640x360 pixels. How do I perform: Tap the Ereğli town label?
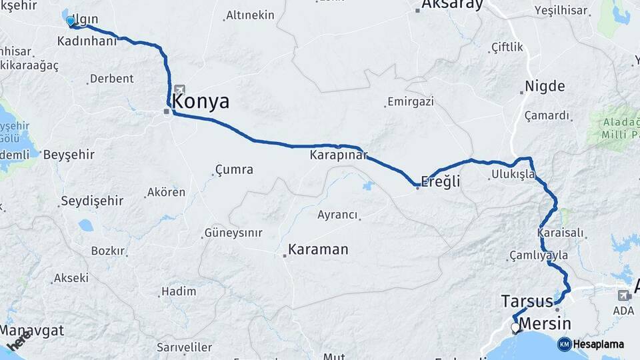[x=441, y=181]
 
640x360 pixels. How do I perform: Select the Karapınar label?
[x=339, y=155]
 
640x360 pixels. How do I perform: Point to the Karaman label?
[x=318, y=250]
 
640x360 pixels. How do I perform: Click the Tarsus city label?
[x=527, y=301]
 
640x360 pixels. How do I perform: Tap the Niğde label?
[x=545, y=87]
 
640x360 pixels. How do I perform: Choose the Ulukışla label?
[x=513, y=175]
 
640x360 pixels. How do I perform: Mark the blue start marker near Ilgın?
[x=70, y=21]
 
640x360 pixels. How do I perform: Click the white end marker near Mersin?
[x=515, y=327]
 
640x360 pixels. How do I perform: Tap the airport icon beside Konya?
[x=179, y=89]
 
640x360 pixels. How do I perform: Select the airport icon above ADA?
[x=623, y=295]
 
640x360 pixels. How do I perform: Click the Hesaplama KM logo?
[x=565, y=344]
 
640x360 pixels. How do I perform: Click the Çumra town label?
[x=234, y=170]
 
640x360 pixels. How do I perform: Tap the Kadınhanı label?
[x=87, y=41]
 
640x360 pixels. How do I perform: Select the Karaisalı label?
[x=560, y=233]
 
